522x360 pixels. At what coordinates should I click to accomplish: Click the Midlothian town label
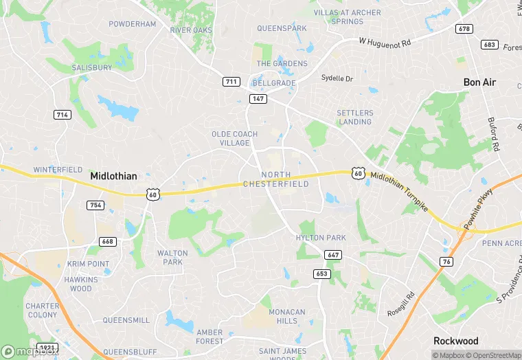pyautogui.click(x=113, y=177)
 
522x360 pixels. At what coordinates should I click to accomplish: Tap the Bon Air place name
pyautogui.click(x=479, y=82)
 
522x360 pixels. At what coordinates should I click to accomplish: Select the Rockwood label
pyautogui.click(x=455, y=341)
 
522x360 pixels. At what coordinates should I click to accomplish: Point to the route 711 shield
pyautogui.click(x=231, y=82)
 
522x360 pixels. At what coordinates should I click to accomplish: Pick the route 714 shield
pyautogui.click(x=62, y=115)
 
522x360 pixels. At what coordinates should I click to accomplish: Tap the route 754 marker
pyautogui.click(x=95, y=205)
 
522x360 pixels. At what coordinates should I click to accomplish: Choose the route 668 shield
pyautogui.click(x=107, y=241)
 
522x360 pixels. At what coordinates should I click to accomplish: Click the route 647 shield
pyautogui.click(x=332, y=255)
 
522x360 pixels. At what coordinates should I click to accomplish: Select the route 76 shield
pyautogui.click(x=446, y=261)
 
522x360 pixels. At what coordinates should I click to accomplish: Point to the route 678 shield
pyautogui.click(x=464, y=29)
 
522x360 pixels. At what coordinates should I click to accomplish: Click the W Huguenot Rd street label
pyautogui.click(x=385, y=42)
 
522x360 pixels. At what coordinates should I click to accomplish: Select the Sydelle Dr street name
pyautogui.click(x=337, y=78)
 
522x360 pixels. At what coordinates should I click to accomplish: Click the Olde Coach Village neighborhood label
pyautogui.click(x=234, y=138)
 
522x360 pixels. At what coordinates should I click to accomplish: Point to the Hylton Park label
pyautogui.click(x=321, y=238)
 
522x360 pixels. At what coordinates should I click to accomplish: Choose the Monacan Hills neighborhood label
pyautogui.click(x=286, y=317)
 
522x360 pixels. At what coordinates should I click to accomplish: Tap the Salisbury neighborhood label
pyautogui.click(x=92, y=68)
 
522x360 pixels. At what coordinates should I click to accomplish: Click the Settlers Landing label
pyautogui.click(x=354, y=117)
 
